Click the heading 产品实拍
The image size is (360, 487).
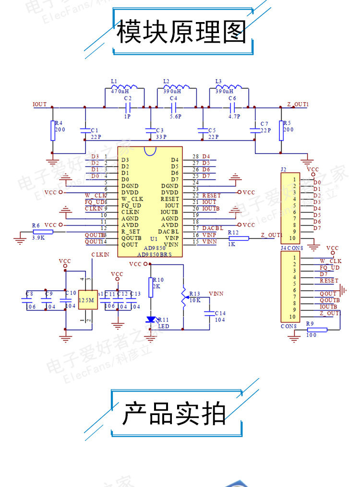(174, 414)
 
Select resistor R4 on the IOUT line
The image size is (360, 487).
(53, 131)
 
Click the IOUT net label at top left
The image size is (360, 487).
(39, 104)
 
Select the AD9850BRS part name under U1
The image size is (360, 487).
(155, 255)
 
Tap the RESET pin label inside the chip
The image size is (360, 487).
(170, 199)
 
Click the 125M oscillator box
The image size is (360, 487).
(87, 300)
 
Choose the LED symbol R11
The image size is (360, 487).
(152, 319)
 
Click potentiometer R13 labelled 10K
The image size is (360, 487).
(183, 297)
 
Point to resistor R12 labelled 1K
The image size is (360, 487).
(239, 238)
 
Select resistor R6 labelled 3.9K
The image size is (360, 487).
(43, 231)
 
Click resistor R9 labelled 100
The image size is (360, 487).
(317, 329)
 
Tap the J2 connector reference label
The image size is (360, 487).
(283, 169)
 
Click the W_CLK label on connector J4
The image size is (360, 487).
(331, 261)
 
